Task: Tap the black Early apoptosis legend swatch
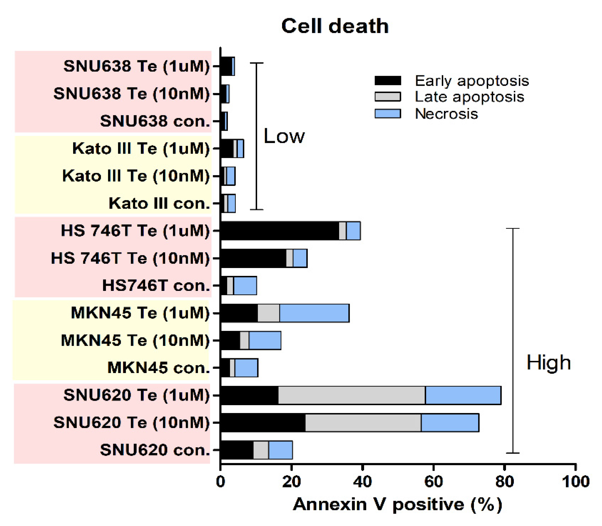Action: click(x=388, y=80)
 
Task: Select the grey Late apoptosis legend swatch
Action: click(x=388, y=97)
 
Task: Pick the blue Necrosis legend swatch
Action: click(x=388, y=113)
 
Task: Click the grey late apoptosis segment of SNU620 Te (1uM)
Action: click(x=352, y=395)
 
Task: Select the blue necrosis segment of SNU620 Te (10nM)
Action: click(x=450, y=423)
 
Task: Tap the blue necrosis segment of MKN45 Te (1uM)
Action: click(x=314, y=313)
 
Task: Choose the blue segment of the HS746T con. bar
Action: click(x=245, y=286)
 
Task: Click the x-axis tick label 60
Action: click(x=433, y=482)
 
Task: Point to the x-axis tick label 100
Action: click(x=575, y=482)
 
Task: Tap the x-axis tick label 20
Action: click(x=291, y=482)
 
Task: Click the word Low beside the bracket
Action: click(x=284, y=136)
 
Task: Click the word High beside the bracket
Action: click(x=548, y=363)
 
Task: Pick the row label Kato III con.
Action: click(x=159, y=204)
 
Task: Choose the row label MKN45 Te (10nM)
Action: click(x=135, y=340)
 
